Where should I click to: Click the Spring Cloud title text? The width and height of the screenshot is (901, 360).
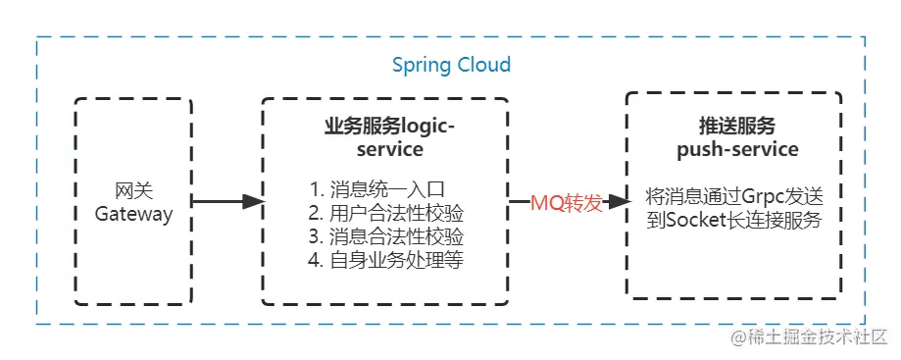(x=451, y=66)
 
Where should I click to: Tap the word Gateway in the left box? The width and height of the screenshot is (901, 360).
(x=133, y=214)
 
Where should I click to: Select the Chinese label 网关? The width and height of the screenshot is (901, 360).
(x=133, y=190)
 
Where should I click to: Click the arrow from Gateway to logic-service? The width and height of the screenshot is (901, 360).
(x=225, y=202)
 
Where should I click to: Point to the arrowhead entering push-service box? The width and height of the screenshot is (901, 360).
(x=617, y=202)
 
